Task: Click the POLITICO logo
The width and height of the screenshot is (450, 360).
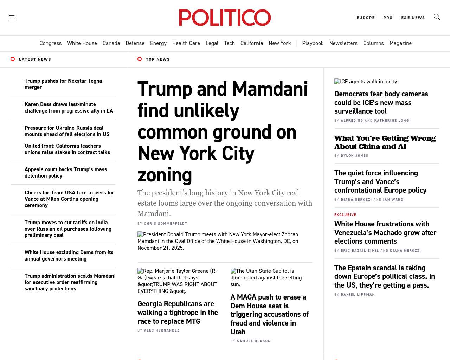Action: pos(225,18)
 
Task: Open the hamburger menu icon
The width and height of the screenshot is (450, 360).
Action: pos(12,18)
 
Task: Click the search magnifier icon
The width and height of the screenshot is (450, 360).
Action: pos(437,17)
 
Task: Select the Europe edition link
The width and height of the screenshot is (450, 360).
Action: pos(366,18)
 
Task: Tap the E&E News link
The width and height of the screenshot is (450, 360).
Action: pos(413,18)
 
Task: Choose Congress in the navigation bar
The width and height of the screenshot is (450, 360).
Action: pos(50,43)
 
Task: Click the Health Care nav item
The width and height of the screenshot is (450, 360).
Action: pos(186,43)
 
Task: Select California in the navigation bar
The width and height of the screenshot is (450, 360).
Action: pos(252,43)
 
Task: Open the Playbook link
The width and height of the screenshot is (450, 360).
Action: pos(313,43)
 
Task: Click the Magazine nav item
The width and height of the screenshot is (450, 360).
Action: pos(400,43)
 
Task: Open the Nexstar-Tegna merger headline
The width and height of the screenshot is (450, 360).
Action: pos(63,84)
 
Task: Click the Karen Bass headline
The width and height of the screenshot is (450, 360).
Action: pos(69,108)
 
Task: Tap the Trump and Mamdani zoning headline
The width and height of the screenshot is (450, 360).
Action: pos(223,131)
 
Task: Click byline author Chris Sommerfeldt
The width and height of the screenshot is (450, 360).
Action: pos(166,224)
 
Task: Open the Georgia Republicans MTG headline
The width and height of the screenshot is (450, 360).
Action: pos(178,313)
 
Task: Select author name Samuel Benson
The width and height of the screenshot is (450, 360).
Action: pos(254,341)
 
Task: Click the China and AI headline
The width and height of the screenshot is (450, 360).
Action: pos(385,142)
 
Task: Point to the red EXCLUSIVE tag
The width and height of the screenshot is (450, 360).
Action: pos(345,215)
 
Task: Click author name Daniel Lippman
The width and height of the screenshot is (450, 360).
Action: pos(358,295)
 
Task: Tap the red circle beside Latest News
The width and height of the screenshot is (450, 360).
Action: pos(13,59)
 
